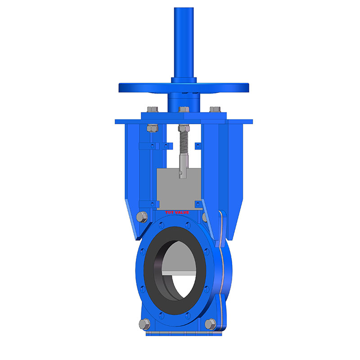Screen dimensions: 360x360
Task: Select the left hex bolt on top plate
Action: [x=152, y=109]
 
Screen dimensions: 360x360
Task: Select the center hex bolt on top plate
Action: [x=184, y=109]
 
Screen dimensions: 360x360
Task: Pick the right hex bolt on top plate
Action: [x=215, y=109]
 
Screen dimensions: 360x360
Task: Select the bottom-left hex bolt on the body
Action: [x=144, y=324]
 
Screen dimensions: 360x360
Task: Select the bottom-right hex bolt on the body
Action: [x=209, y=323]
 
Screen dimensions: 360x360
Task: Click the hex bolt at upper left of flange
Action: [x=140, y=217]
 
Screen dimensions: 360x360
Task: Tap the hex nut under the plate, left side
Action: [x=152, y=127]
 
